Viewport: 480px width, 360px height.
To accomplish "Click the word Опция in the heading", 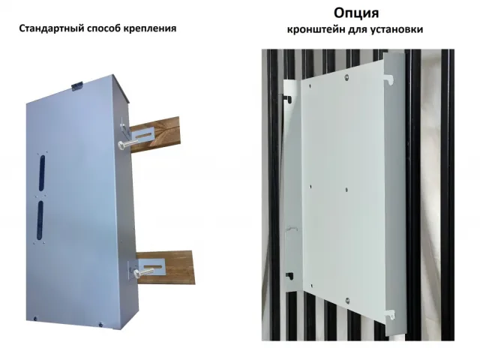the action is tap(356, 13).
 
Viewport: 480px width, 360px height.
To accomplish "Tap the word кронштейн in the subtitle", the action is tap(316, 30).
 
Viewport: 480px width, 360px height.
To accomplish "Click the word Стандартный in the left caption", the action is tap(51, 28).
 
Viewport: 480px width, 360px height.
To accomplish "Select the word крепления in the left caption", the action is tap(150, 28).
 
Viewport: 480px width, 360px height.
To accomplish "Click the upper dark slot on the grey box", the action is tap(42, 173).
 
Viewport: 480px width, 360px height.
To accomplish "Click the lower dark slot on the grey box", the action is tap(40, 220).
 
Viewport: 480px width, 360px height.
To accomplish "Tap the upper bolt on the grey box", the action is tap(128, 144).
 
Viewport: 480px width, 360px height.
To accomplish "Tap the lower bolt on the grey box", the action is tap(143, 271).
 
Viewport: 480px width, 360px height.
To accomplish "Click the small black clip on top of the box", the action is tap(76, 85).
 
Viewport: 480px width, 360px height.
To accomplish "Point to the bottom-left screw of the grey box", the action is tap(35, 318).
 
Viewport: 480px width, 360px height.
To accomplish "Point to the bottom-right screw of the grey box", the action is tap(100, 323).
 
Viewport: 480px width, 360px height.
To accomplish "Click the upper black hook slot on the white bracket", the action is tap(287, 98).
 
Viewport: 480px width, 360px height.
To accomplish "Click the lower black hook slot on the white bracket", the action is tap(289, 275).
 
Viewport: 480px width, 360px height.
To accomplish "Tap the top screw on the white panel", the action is tap(346, 77).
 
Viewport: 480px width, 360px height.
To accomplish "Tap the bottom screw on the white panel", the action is tap(347, 300).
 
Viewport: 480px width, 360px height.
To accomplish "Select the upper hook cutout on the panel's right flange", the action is tap(388, 79).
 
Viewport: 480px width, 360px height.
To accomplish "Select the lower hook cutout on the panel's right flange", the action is tap(390, 314).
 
